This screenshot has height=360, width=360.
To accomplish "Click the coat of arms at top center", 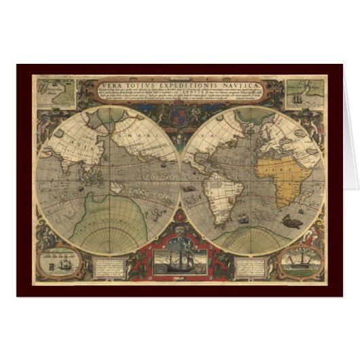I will [x=179, y=115].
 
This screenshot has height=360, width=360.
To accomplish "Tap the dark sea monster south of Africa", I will [x=292, y=219].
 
